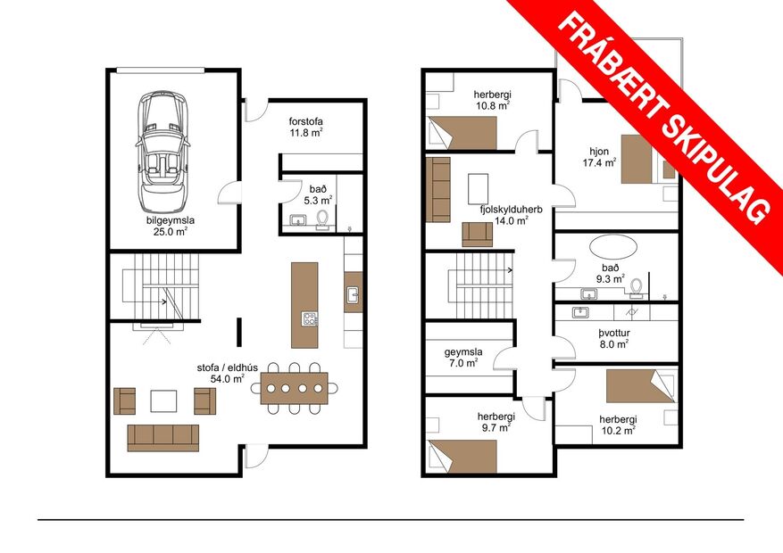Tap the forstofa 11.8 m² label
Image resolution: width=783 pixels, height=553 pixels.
click(305, 127)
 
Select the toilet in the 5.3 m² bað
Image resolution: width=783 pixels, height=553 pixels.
click(322, 218)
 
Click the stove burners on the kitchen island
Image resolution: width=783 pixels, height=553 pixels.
click(310, 318)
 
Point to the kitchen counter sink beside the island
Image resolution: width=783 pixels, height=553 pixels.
click(353, 294)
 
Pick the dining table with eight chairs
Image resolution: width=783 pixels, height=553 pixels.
click(294, 388)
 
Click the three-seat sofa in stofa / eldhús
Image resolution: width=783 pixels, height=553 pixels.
click(162, 437)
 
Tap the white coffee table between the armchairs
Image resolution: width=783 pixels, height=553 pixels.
click(163, 401)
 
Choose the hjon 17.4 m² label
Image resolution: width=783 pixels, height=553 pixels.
click(598, 157)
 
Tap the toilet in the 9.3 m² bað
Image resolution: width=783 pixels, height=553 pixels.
click(637, 286)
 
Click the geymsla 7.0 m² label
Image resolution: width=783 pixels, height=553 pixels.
click(463, 358)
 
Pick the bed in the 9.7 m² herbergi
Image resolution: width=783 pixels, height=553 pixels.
click(462, 456)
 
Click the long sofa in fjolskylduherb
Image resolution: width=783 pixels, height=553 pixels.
click(438, 190)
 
